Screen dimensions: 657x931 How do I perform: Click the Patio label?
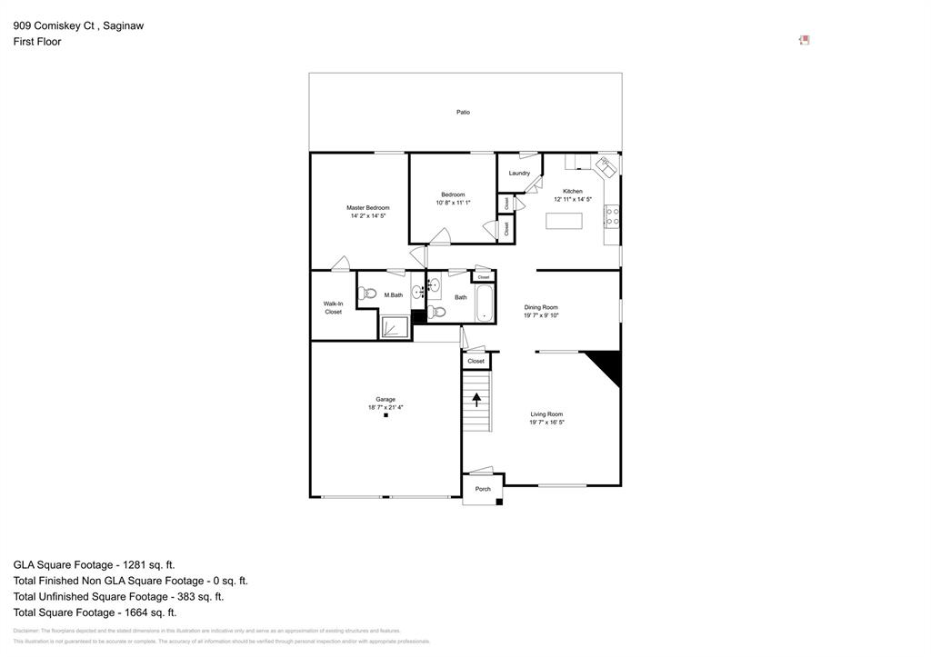coord(463,113)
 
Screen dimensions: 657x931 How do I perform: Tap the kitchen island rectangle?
coord(564,220)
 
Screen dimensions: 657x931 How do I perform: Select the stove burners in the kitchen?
coord(613,216)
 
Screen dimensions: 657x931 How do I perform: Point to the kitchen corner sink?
coord(605,167)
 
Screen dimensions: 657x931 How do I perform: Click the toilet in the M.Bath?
coord(368,294)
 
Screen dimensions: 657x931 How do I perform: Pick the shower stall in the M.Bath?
coord(395,327)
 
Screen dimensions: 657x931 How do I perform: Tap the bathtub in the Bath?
coord(484,304)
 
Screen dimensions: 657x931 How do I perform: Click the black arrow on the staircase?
coord(476,400)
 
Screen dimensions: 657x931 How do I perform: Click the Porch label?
coord(483,489)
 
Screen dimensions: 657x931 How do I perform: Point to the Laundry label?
coord(519,173)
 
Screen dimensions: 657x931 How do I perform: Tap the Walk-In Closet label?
coord(334,308)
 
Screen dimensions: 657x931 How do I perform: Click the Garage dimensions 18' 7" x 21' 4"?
coord(385,407)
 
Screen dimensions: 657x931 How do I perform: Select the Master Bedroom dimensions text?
coord(368,216)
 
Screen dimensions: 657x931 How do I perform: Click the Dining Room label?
coord(541,307)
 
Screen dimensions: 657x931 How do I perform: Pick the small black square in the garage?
coord(385,415)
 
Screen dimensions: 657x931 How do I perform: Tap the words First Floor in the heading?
coord(37,42)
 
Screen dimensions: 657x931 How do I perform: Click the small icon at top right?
coord(804,40)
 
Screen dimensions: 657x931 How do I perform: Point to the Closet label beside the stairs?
coord(476,361)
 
